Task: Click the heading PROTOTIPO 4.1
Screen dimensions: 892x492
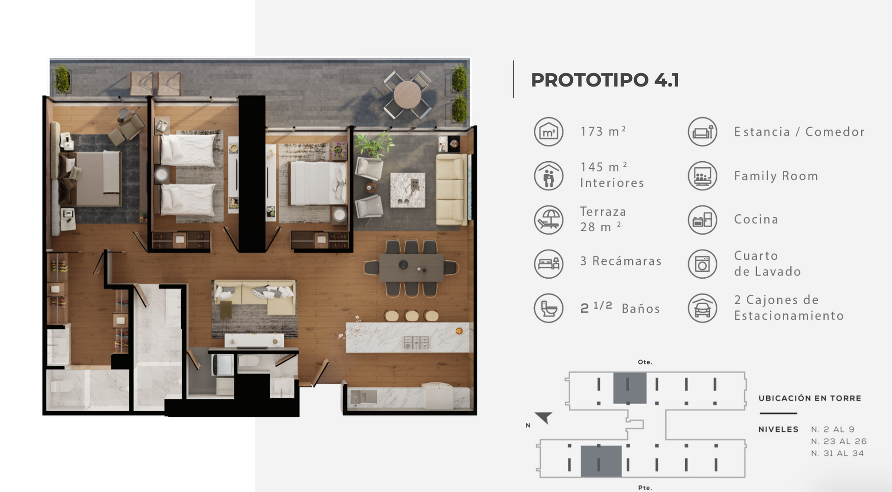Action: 605,80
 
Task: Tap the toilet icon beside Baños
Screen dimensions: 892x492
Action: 549,308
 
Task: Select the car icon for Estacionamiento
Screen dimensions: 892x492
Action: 702,308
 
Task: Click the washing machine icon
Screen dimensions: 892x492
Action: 702,264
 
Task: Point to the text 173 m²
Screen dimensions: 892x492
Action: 603,131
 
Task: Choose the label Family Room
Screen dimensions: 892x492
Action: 776,176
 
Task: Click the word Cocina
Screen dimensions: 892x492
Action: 756,219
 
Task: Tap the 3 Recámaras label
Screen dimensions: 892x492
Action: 621,261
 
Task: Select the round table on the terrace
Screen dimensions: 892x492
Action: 407,95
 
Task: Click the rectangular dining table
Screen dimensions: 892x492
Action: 411,268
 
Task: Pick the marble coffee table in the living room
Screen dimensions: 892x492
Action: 407,190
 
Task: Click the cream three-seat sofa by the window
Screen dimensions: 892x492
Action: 451,190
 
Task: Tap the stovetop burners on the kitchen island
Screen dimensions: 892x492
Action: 416,343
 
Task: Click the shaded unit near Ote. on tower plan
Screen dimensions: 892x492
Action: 630,388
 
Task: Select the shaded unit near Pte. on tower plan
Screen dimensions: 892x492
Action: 601,461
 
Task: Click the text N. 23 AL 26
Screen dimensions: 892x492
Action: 839,441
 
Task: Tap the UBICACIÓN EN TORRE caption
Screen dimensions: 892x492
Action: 810,398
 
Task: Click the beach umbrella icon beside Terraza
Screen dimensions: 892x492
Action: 549,220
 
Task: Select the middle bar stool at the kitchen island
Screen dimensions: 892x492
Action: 412,316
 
